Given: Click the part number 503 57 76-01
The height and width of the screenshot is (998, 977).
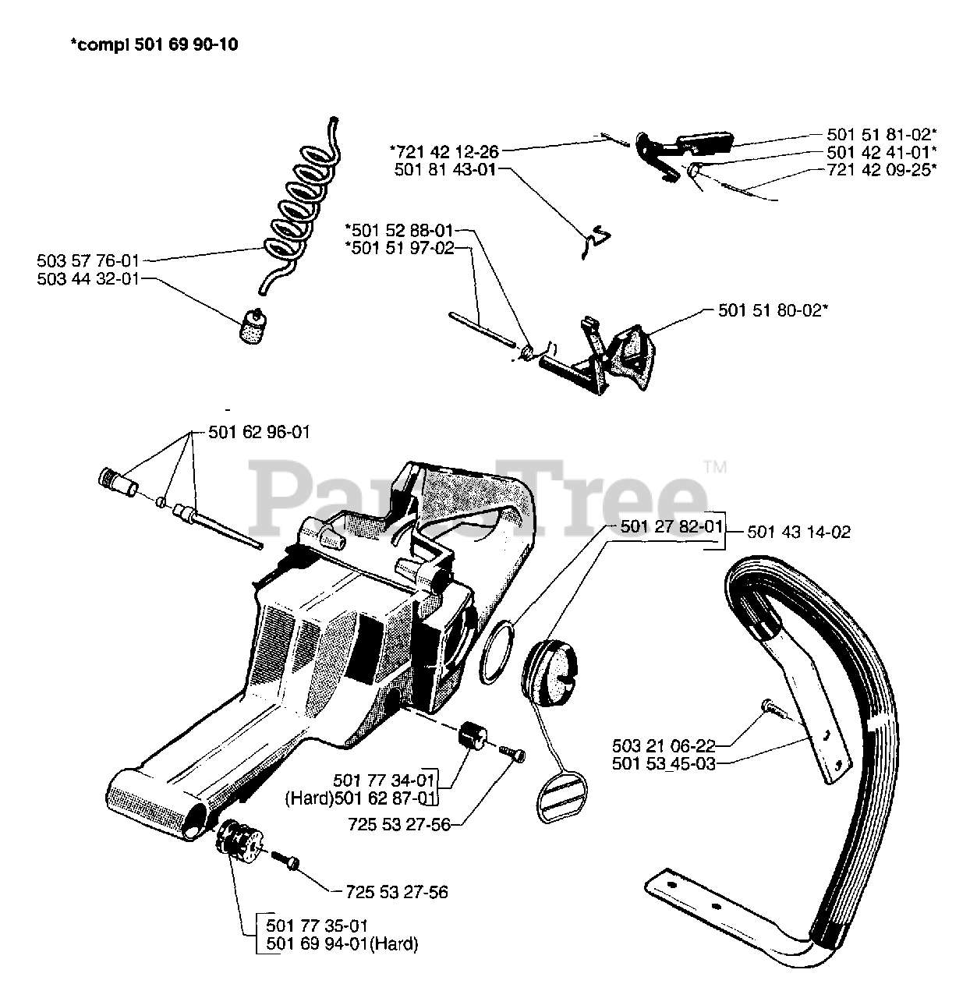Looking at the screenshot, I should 87,260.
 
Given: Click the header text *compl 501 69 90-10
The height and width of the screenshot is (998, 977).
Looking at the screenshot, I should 154,44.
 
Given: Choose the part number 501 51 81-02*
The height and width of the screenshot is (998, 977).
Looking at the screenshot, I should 881,134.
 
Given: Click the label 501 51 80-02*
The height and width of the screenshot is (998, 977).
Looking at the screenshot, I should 772,310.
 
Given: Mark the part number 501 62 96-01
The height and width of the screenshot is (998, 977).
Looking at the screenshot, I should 258,431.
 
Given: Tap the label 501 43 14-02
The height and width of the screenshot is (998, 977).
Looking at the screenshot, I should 798,533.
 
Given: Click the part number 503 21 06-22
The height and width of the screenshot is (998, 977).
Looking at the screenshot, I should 664,746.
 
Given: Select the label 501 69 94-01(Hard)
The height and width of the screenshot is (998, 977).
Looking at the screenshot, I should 342,944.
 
